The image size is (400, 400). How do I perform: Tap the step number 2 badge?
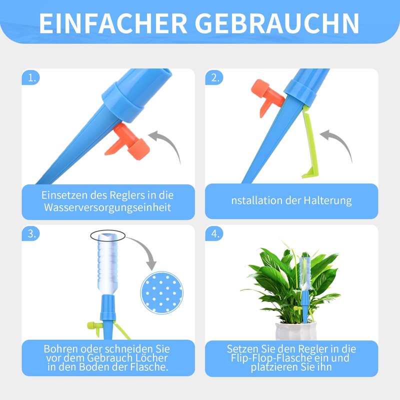pyautogui.click(x=215, y=78)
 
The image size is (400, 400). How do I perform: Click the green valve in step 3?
pyautogui.click(x=94, y=326)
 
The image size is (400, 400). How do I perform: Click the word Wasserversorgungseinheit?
pyautogui.click(x=107, y=207)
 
